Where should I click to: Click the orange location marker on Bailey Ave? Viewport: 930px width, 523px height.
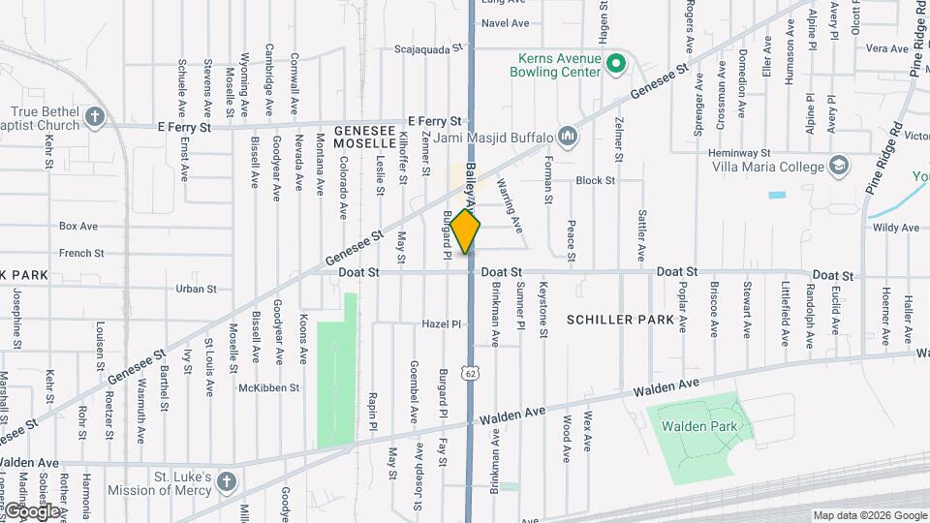466,231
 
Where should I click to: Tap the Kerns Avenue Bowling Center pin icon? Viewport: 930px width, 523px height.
614,65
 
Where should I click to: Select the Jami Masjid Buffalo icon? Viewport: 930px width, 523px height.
568,138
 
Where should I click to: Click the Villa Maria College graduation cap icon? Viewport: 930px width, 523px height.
838,166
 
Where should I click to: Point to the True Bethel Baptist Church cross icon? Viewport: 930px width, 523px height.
94,118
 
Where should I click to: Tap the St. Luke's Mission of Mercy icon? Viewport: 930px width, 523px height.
225,481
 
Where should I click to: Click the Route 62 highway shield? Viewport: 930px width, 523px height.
470,372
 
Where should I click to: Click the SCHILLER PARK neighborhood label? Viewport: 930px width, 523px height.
620,320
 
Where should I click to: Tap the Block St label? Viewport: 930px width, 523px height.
595,181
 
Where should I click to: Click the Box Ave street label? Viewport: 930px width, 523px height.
78,227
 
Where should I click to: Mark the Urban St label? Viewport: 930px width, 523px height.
196,289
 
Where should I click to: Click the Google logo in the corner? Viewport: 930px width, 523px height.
32,510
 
